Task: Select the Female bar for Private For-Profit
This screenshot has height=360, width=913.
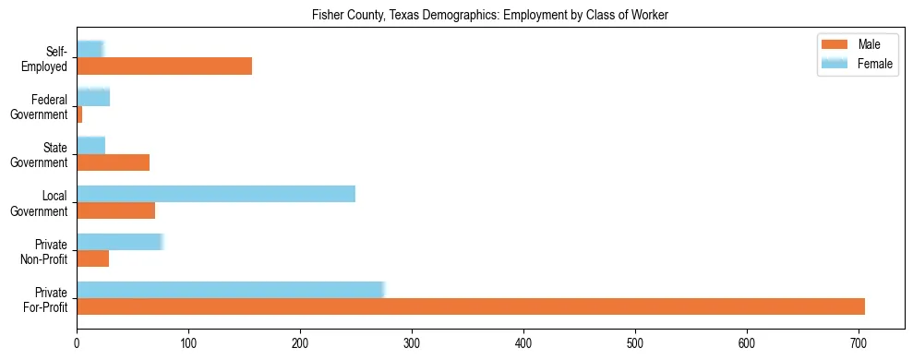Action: pos(230,290)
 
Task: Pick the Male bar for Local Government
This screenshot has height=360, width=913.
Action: pos(115,210)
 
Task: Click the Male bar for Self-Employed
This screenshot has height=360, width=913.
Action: pos(164,66)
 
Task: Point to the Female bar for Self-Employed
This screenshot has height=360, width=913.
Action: pos(90,49)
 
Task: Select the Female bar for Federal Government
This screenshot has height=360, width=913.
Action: pos(93,97)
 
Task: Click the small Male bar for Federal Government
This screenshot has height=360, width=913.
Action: pos(79,114)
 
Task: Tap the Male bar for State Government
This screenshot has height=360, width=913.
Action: pos(113,162)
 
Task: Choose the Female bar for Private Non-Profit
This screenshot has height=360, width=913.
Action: pos(120,242)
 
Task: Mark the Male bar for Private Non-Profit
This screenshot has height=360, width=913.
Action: pos(92,258)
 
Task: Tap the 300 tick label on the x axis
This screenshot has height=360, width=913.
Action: pos(412,342)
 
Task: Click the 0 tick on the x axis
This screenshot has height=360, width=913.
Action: pos(77,342)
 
